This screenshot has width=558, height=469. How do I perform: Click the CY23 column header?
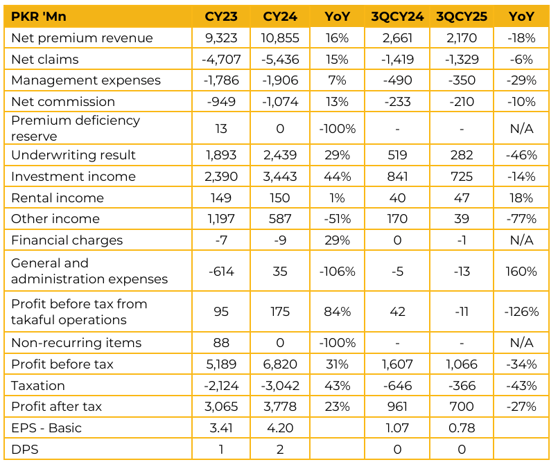(x=222, y=16)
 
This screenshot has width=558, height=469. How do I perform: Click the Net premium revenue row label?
(x=82, y=37)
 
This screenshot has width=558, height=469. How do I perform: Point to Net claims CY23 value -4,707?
(x=222, y=59)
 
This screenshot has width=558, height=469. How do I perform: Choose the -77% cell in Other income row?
(x=521, y=219)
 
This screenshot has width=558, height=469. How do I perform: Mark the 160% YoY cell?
(x=521, y=271)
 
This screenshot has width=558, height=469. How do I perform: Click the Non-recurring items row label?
(x=76, y=343)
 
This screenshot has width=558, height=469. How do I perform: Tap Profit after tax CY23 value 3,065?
(x=222, y=407)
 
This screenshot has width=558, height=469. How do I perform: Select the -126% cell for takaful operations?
(x=521, y=312)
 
